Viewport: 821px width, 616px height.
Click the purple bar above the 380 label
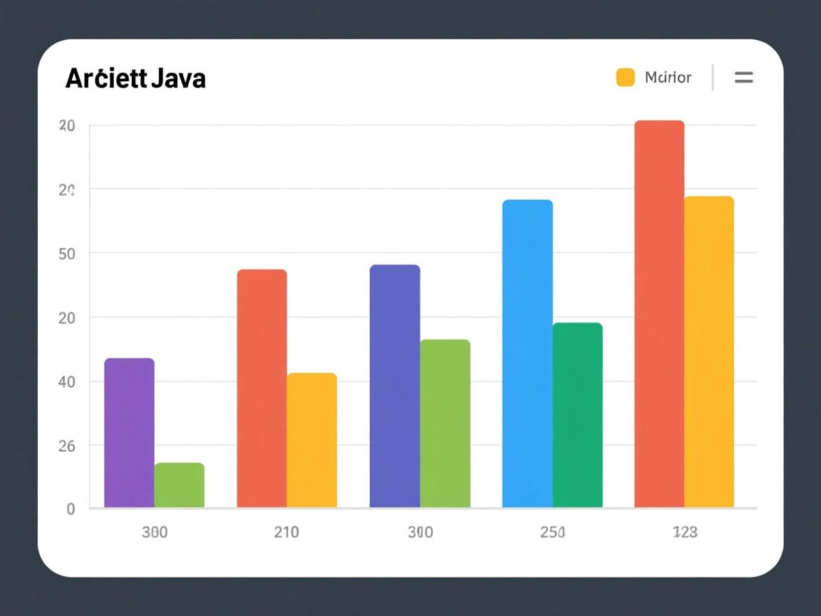129,433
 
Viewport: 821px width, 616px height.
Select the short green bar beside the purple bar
179,485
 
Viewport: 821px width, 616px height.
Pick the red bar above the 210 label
262,389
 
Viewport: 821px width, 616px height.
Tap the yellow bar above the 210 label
311,440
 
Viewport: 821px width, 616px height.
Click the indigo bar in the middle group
395,386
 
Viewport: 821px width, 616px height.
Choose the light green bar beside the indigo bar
445,423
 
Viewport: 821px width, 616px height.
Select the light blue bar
527,354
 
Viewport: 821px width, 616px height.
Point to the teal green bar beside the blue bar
577,415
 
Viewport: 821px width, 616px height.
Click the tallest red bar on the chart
659,314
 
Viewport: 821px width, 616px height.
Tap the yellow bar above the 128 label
709,351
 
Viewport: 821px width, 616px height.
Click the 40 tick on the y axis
66,381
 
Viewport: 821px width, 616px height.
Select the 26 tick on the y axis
66,446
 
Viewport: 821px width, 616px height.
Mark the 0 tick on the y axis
71,509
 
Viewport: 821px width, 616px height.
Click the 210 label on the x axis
286,532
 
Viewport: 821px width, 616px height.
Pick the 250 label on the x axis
552,532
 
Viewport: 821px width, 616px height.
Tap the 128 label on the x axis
685,532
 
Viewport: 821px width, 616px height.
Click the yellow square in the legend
625,77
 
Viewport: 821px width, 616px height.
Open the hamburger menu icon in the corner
743,78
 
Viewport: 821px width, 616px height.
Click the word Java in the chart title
178,78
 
